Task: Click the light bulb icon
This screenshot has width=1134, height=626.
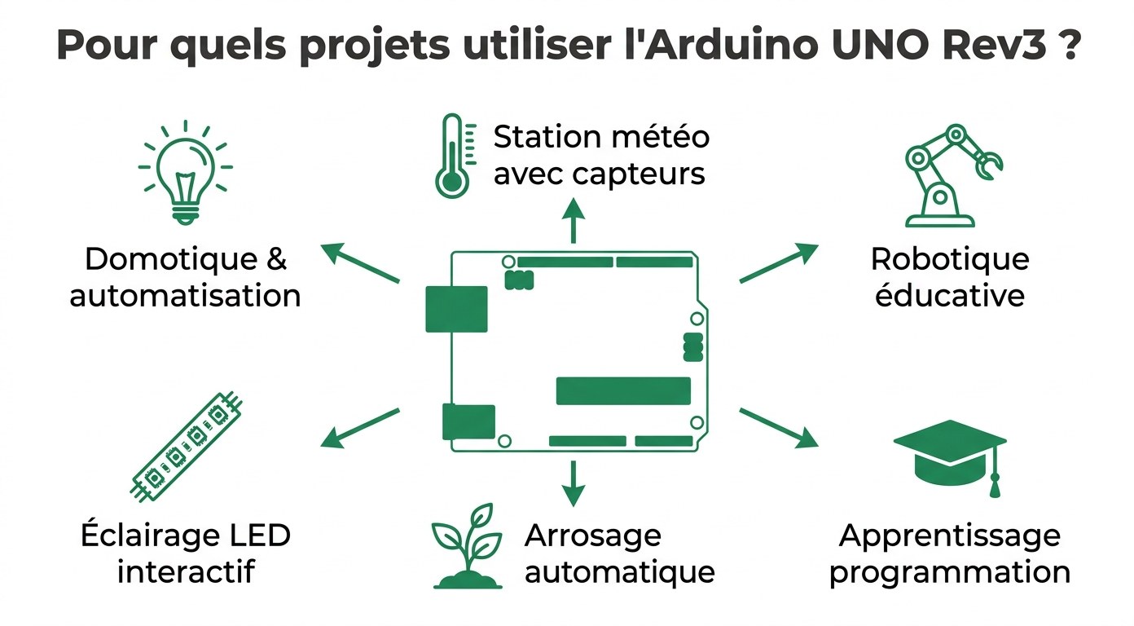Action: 185,173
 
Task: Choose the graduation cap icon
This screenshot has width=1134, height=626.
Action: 950,453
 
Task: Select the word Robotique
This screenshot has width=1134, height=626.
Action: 950,260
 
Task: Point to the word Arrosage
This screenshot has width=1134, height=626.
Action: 593,536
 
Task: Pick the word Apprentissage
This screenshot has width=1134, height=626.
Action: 950,536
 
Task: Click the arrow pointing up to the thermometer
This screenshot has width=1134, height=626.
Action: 574,220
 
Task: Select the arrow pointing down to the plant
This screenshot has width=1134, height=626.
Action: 574,483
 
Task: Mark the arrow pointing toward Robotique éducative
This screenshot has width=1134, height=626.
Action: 778,262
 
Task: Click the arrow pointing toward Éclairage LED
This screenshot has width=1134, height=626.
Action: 360,428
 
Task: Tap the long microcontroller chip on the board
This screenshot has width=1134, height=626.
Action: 623,391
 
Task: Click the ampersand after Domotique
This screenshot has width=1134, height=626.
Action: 277,260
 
